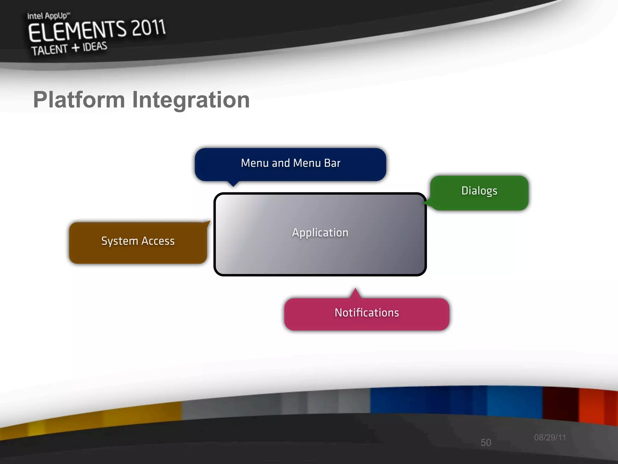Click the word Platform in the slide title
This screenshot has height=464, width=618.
pos(79,100)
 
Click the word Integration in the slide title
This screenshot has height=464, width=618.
pos(191,100)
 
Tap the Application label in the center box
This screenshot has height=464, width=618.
pos(320,233)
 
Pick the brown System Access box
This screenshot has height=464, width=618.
pos(138,243)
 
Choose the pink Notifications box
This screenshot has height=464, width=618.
pos(367,314)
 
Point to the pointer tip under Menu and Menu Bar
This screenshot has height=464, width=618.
pos(233,186)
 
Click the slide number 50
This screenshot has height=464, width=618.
pos(486,443)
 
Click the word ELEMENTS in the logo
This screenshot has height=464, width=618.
pos(77,31)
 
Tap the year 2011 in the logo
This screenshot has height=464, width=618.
pos(149,28)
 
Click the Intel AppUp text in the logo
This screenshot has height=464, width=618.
pos(48,16)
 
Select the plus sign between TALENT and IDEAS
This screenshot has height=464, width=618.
pos(75,48)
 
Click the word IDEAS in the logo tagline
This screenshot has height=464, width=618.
pos(95,47)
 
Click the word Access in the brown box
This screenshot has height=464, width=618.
pos(158,241)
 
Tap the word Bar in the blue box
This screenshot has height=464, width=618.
pos(332,163)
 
